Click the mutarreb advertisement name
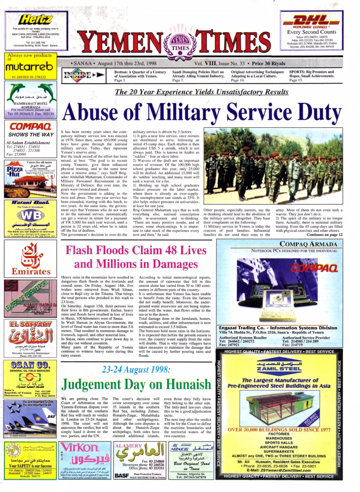(x=29, y=68)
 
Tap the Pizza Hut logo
(x=15, y=171)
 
